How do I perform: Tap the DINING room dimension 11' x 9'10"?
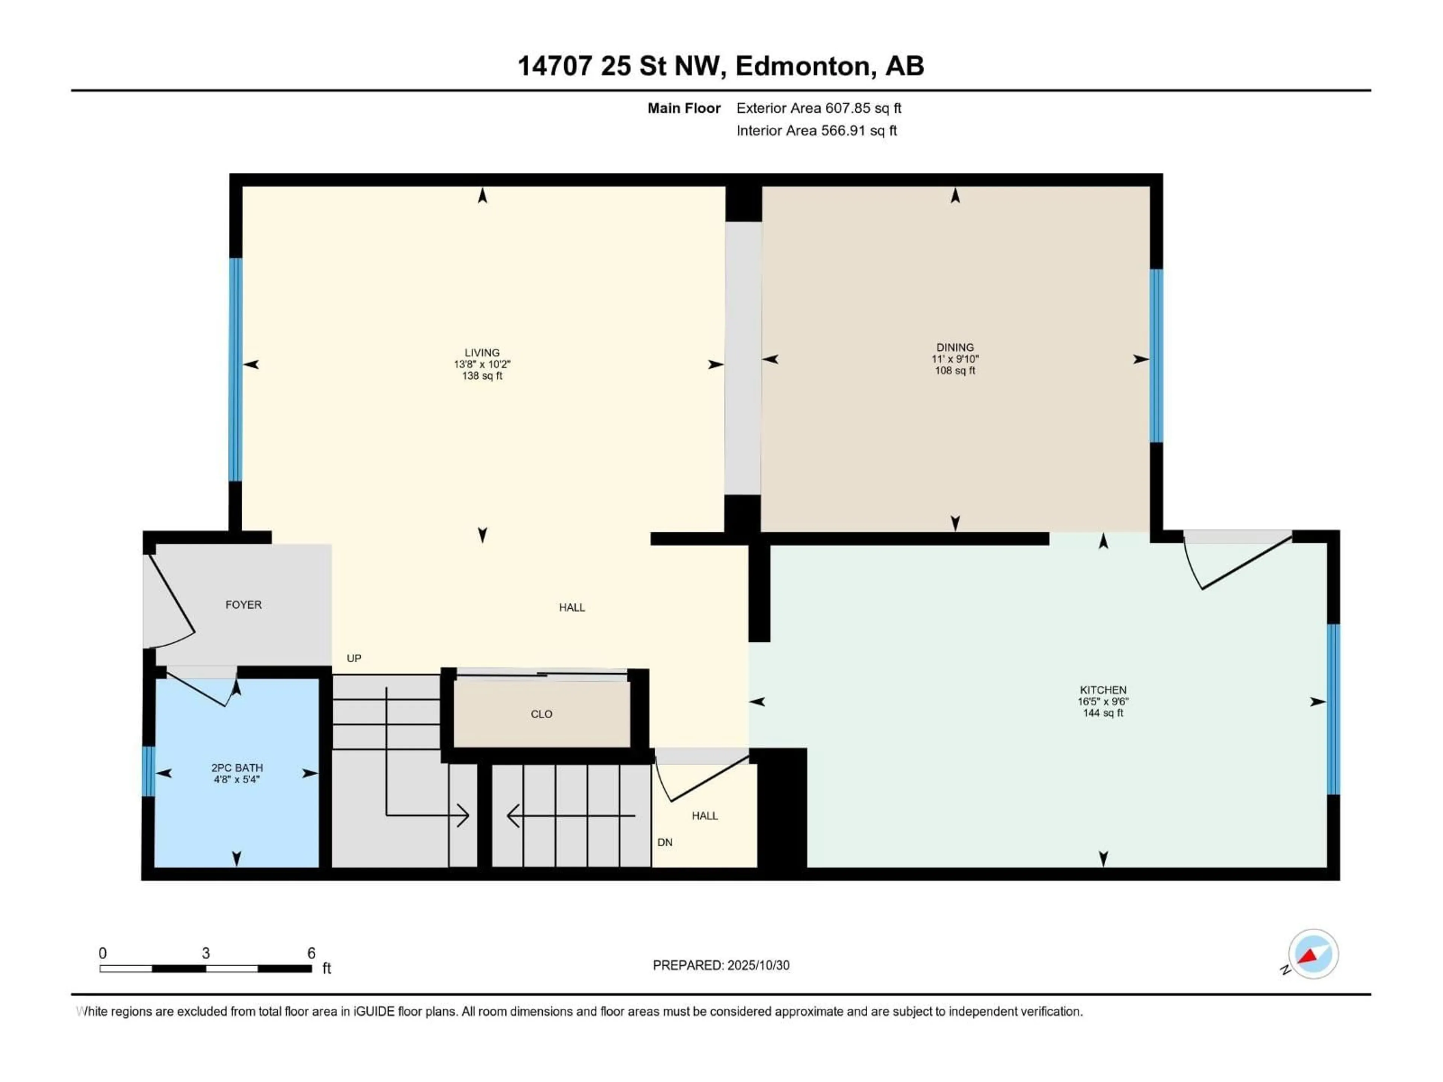pyautogui.click(x=954, y=359)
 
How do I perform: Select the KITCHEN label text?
pyautogui.click(x=1103, y=689)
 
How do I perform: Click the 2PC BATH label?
pyautogui.click(x=237, y=768)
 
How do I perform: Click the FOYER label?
pyautogui.click(x=244, y=604)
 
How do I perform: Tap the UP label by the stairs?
pyautogui.click(x=354, y=658)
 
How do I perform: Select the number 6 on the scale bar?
pyautogui.click(x=311, y=953)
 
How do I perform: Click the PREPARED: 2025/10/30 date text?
pyautogui.click(x=721, y=965)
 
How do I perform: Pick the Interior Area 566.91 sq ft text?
pyautogui.click(x=816, y=130)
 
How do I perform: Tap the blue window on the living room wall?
pyautogui.click(x=236, y=369)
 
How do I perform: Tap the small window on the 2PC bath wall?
pyautogui.click(x=149, y=772)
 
